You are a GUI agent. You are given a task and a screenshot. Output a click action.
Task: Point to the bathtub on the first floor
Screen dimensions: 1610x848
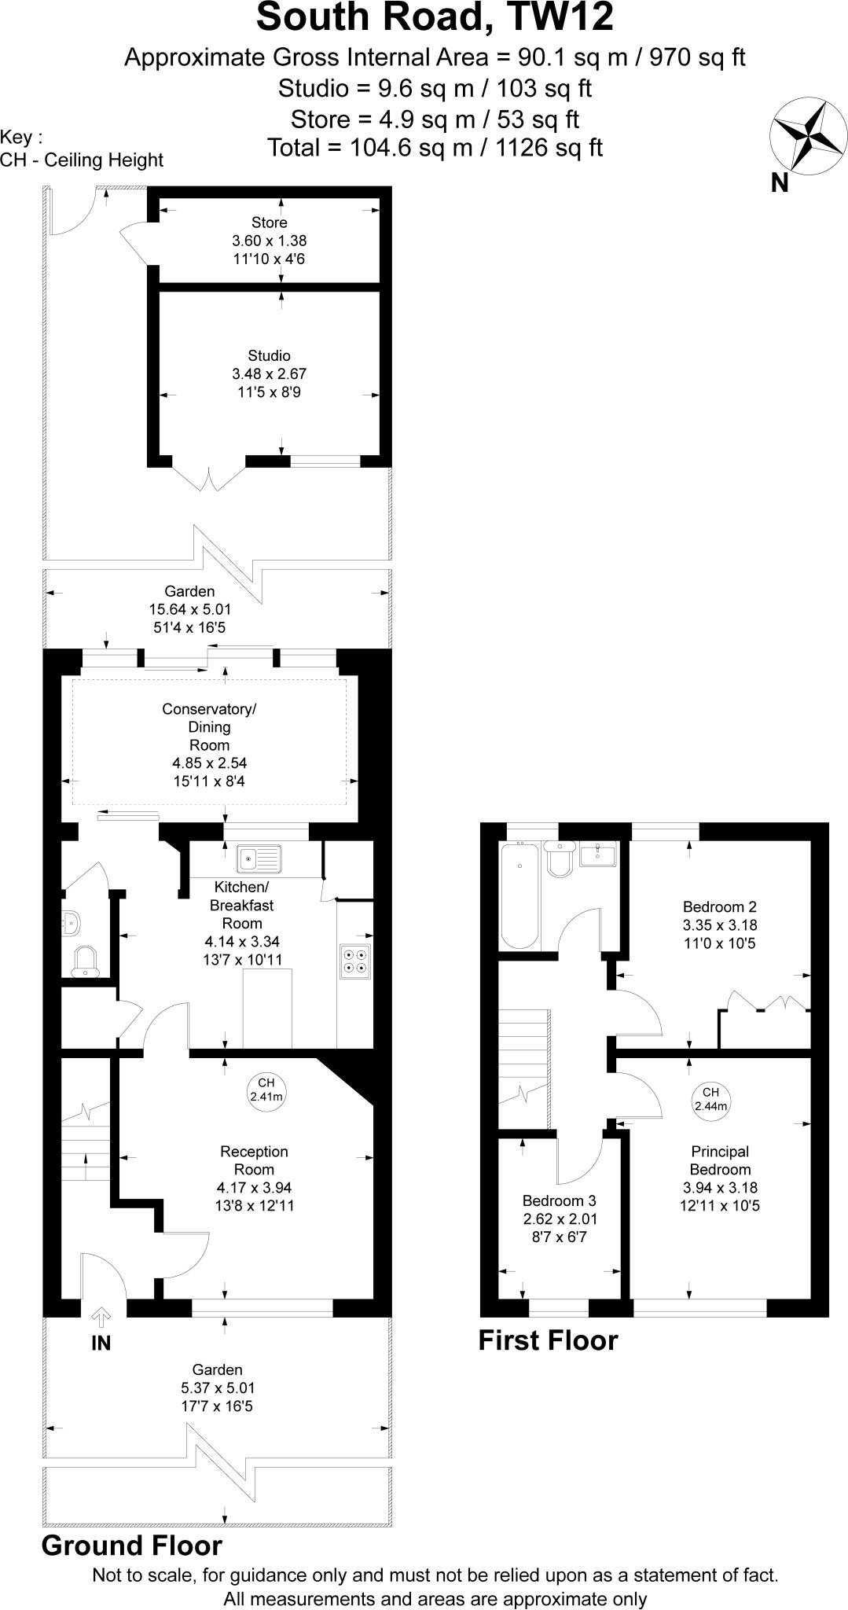coord(519,895)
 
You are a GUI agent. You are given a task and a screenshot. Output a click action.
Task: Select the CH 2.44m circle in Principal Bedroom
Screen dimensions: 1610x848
coord(710,1099)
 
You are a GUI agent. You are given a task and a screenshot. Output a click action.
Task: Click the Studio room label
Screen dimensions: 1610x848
coord(270,356)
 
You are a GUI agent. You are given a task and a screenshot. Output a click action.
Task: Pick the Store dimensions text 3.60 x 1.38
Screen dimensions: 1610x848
coord(270,241)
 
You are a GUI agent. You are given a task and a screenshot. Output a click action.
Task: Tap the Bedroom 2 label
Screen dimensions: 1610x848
coord(720,906)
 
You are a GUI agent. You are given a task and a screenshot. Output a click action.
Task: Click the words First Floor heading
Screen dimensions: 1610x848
coord(548,1340)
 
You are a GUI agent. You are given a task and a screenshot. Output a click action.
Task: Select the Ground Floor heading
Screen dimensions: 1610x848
coord(132,1546)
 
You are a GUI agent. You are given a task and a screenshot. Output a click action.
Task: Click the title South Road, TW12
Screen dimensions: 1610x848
coord(435,17)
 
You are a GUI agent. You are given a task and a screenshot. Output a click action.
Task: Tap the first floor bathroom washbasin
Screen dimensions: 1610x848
coord(600,853)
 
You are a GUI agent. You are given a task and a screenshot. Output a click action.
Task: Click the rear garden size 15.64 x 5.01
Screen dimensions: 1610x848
coord(190,609)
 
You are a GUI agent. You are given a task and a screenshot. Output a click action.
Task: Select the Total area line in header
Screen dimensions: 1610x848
coord(435,147)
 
